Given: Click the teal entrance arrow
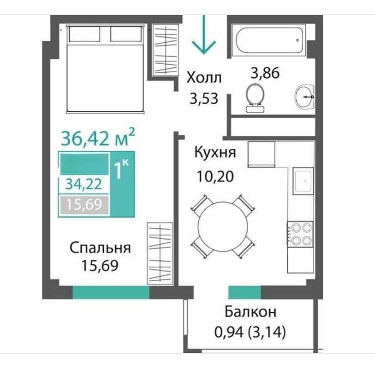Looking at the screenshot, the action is coord(204,35).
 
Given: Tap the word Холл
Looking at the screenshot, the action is coord(204,78).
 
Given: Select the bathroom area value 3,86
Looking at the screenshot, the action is coord(265,73).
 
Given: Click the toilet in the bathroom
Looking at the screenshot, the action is coord(256,98).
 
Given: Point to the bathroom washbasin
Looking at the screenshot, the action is coord(304,97).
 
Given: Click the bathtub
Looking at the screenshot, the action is coord(268,41).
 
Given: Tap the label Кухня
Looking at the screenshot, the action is coord(215,152).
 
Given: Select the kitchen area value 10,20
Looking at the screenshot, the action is coord(215,176).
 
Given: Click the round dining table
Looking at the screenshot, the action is coord(223,226).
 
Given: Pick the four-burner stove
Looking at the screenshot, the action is coord(301,234).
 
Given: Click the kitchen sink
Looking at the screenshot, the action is coord(303,181).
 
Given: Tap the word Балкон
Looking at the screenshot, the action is coord(250,312).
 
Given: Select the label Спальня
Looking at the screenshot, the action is coord(100,248).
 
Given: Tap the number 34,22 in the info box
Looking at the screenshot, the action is coord(84,184).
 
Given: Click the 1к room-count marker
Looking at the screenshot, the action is coord(122,168).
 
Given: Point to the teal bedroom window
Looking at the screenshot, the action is coord(111,292).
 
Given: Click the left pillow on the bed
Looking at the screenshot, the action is coord(84,34).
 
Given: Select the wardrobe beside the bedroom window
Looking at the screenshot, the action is coord(160,253).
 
